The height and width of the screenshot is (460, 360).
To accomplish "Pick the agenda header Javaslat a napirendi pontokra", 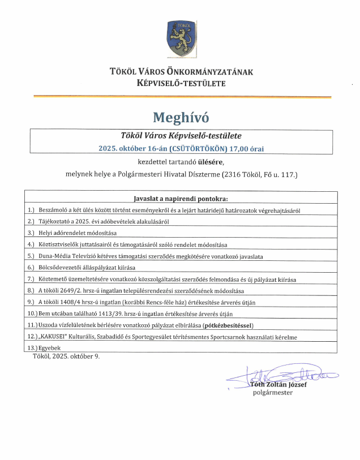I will click(x=181, y=199).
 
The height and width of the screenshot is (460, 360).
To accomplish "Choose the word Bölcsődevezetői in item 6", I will click(x=61, y=268).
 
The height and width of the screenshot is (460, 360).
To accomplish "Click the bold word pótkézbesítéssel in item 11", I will click(x=229, y=325).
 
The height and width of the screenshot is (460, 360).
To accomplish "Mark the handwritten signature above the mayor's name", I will click(x=283, y=375).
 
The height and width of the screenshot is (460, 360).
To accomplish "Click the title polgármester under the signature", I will click(x=273, y=393).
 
